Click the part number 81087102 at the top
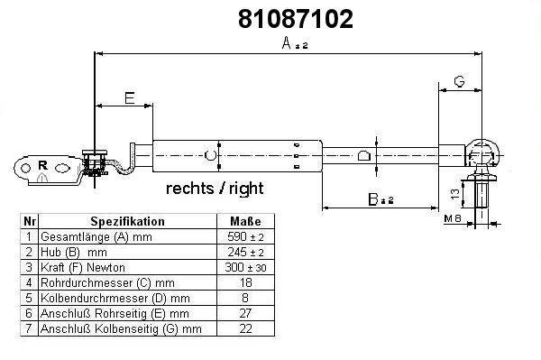click(x=296, y=19)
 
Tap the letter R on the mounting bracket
click(x=42, y=165)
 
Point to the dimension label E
click(x=129, y=98)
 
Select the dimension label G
click(x=459, y=81)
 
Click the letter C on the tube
click(x=209, y=155)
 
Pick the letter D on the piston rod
click(x=363, y=156)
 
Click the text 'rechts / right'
click(x=215, y=189)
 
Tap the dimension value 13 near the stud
click(x=455, y=194)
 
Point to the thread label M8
click(x=453, y=218)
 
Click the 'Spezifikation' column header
click(x=128, y=221)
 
